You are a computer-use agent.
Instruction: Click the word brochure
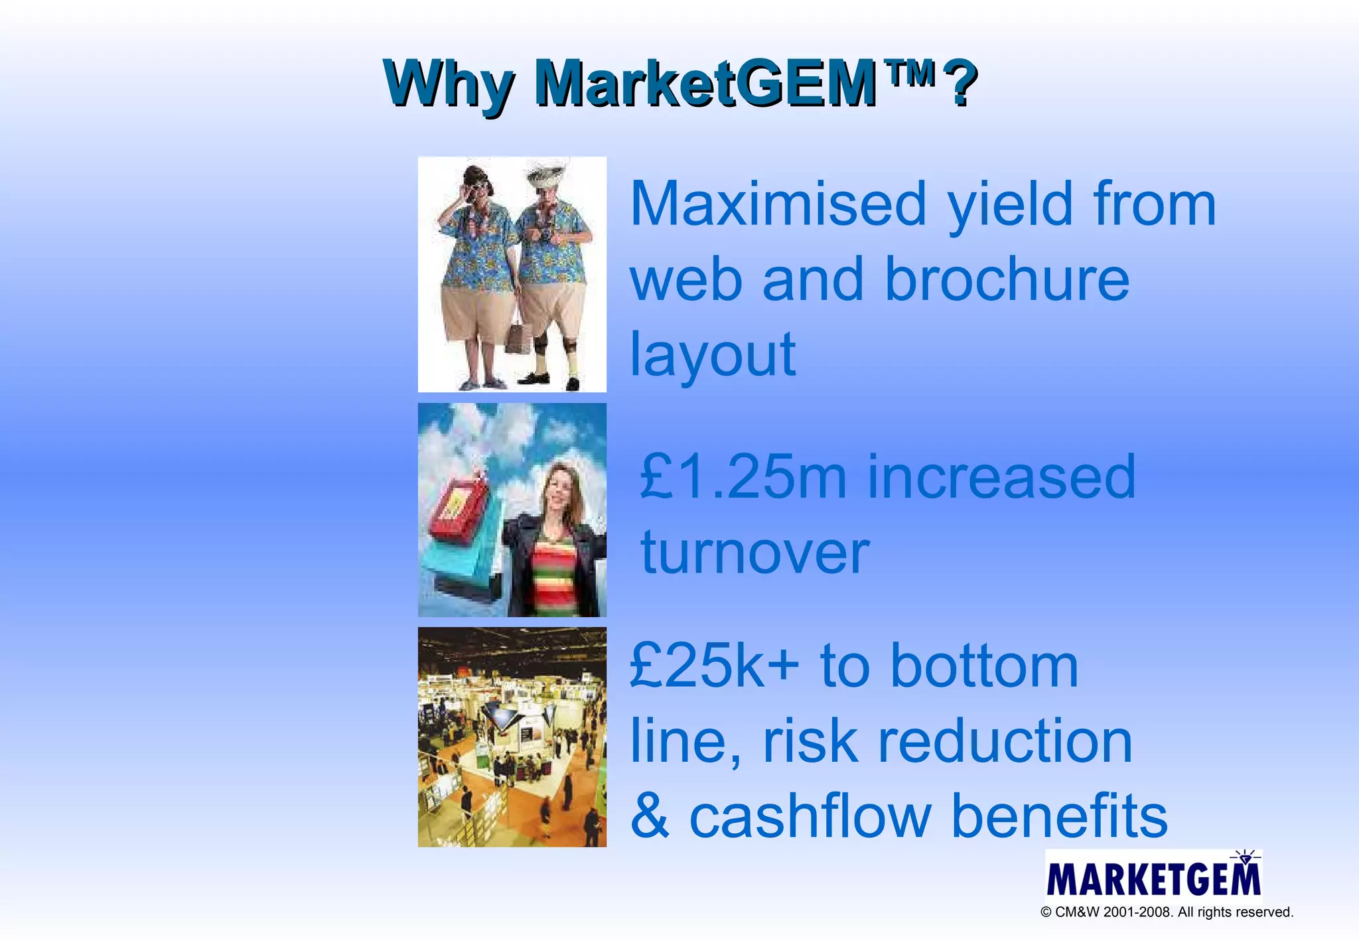(x=1007, y=279)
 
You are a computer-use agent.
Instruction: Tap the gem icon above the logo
(x=1245, y=858)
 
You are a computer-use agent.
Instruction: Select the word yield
(x=1009, y=205)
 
